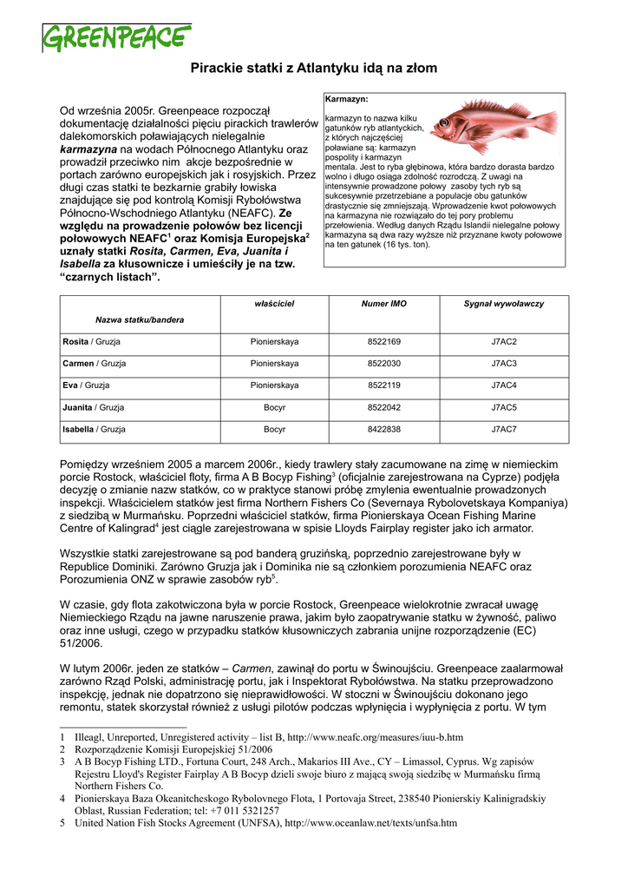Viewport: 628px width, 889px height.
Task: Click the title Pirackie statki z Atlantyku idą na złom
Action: pyautogui.click(x=314, y=68)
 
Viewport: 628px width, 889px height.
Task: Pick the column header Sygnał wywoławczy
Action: pyautogui.click(x=504, y=303)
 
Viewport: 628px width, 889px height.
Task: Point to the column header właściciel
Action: pyautogui.click(x=274, y=303)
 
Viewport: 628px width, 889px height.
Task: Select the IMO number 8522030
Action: pyautogui.click(x=384, y=364)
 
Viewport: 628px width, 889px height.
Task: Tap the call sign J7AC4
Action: pyautogui.click(x=504, y=385)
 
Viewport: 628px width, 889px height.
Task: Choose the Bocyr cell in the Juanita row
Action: pyautogui.click(x=274, y=407)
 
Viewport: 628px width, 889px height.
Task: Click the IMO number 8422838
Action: pyautogui.click(x=384, y=429)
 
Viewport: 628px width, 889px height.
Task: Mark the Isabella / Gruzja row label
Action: pyautogui.click(x=94, y=429)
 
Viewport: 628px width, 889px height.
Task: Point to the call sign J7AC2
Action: pyautogui.click(x=504, y=342)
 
